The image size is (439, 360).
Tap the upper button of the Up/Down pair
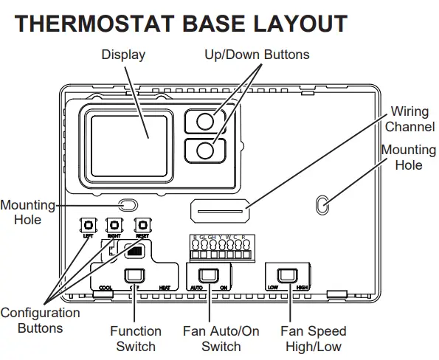207,121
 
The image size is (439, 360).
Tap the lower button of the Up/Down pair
207,150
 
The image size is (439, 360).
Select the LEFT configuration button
88,225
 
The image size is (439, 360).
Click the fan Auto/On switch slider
210,276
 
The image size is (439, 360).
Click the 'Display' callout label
123,55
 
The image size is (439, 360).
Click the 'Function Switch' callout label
136,339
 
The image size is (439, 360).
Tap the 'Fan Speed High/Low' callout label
314,339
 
